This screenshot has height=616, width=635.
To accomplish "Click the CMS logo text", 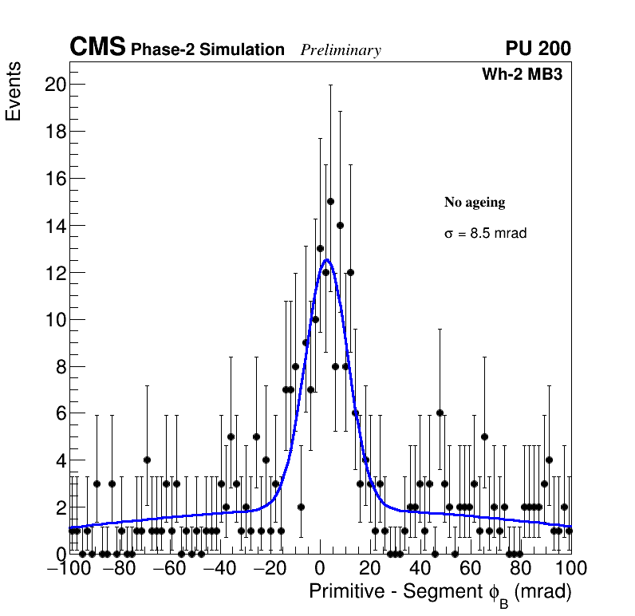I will click(97, 48).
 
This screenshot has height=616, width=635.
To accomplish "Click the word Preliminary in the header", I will click(341, 50).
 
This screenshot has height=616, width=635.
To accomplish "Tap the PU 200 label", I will click(538, 49).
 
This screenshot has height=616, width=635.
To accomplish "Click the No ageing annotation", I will click(475, 203).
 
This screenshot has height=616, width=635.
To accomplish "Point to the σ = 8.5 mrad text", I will click(485, 234).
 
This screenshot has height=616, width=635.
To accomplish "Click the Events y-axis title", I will click(14, 91).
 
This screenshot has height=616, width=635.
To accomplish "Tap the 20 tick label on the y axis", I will click(54, 85).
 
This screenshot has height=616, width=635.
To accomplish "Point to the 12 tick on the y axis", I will click(54, 273).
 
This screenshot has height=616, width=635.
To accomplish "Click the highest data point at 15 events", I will click(330, 201).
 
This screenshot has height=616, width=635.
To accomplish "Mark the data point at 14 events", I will click(340, 225).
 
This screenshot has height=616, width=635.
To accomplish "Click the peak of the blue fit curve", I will click(325, 260).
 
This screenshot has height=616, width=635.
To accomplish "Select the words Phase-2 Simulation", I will click(207, 50).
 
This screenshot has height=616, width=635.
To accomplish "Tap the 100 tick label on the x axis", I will click(570, 569).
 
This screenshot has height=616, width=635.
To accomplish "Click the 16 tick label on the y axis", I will click(54, 179).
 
